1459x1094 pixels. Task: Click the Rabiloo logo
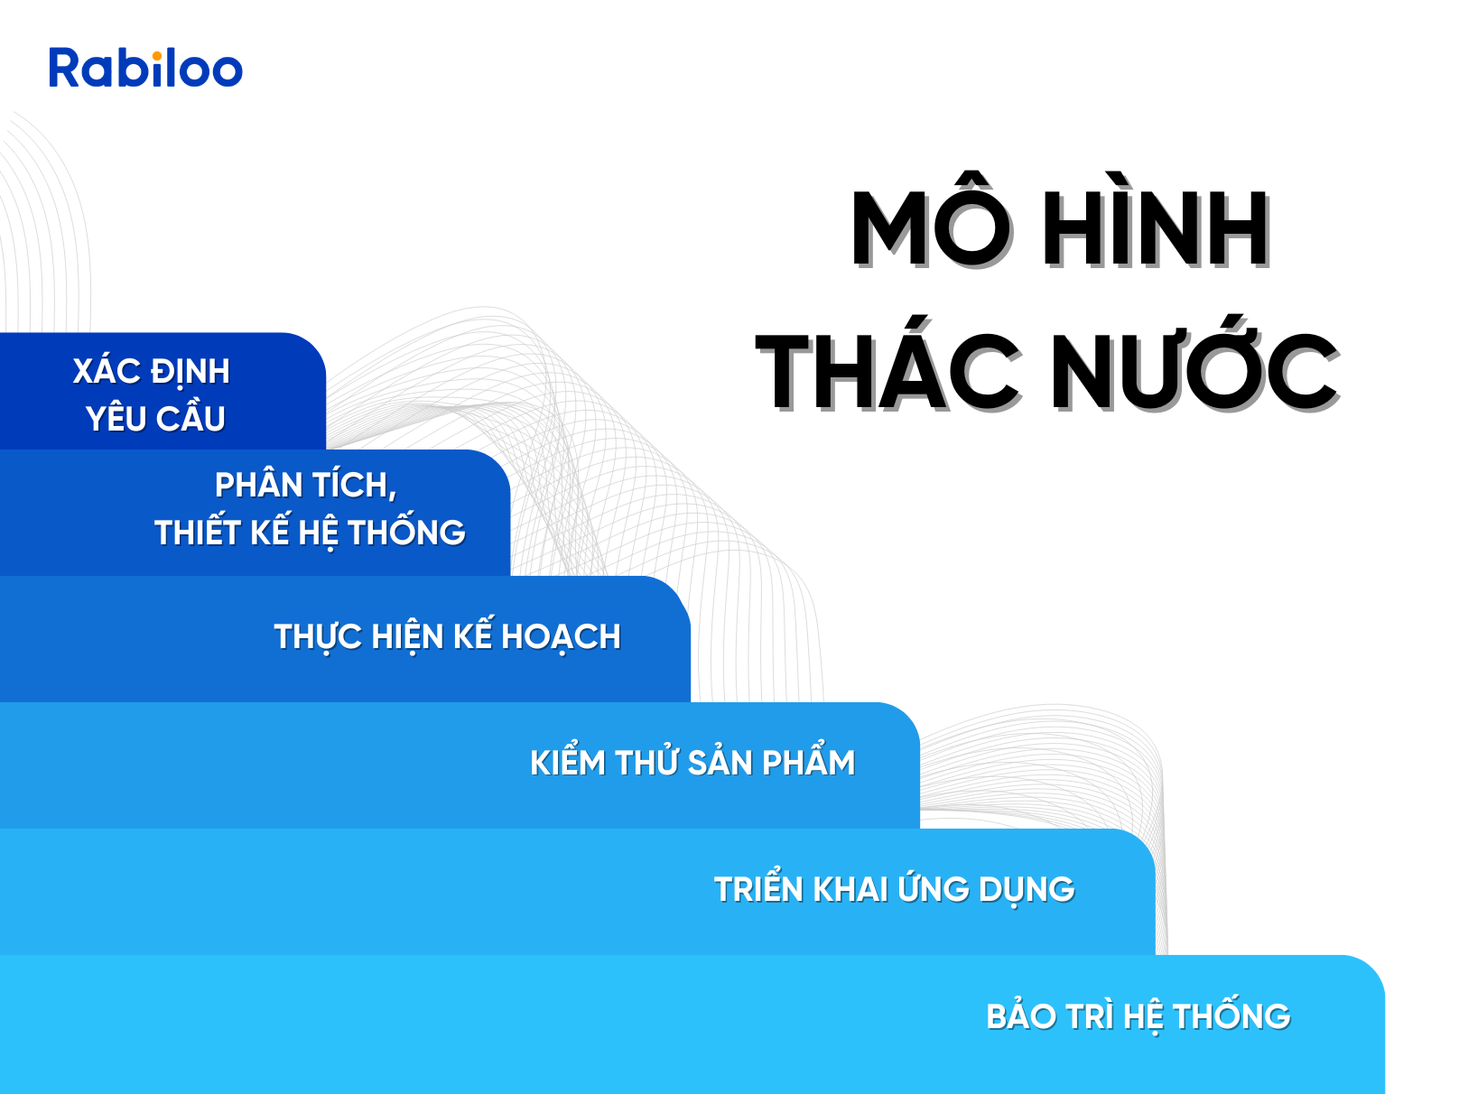[x=145, y=67]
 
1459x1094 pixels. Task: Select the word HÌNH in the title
[x=1156, y=220]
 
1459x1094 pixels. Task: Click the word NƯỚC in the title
[x=1194, y=364]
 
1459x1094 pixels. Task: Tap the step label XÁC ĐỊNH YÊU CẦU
[x=152, y=394]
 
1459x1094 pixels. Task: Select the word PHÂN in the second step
[x=259, y=485]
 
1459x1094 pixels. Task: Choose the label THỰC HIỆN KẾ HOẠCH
[x=447, y=636]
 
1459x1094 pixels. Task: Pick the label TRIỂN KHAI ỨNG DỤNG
[x=894, y=887]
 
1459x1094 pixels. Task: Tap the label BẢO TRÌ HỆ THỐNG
[x=1138, y=1015]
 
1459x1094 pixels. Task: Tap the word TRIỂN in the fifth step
[x=758, y=887]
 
